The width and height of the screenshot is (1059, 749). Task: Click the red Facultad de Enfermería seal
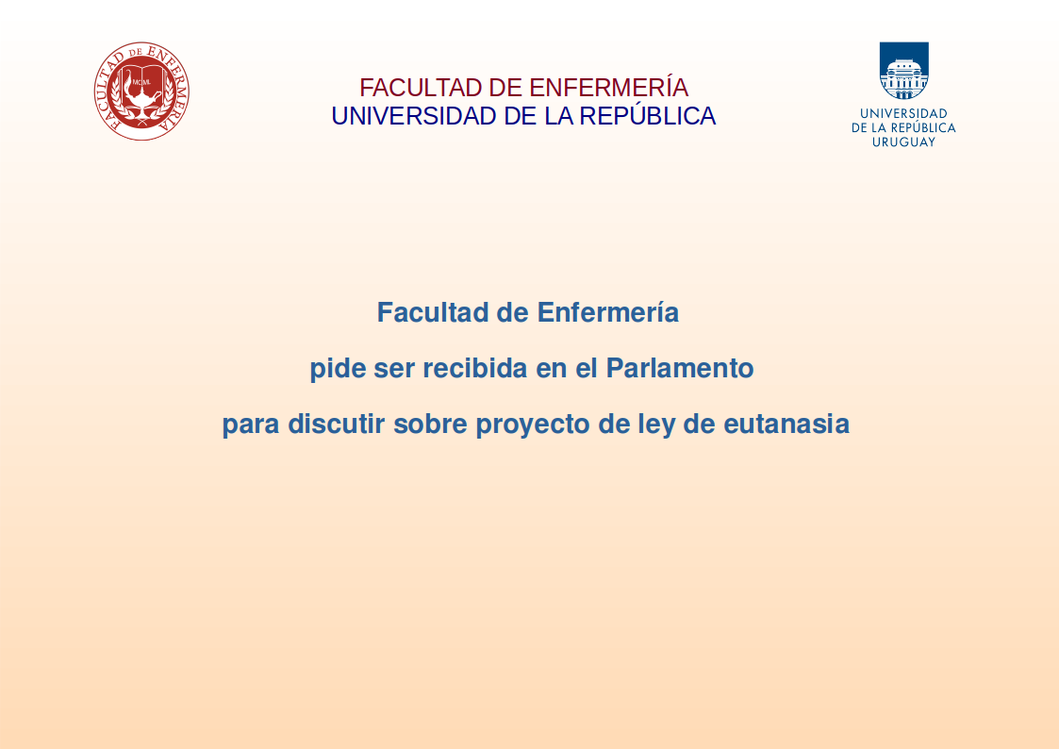coord(141,92)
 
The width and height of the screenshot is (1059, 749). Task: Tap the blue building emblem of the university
coord(903,71)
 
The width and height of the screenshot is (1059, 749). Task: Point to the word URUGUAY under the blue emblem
coord(903,141)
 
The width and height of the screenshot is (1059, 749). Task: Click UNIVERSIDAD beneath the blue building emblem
coord(903,113)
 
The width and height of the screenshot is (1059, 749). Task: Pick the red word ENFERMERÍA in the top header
coord(608,87)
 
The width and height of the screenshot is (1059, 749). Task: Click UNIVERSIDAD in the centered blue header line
coord(414,116)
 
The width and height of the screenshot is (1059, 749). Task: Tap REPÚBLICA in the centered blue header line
coord(647,115)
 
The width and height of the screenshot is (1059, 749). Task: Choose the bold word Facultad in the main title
coord(433,312)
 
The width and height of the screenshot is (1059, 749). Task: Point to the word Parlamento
coord(679,368)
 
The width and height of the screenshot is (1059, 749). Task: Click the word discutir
coord(337,424)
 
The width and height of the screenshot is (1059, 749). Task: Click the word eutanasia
coord(786,424)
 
